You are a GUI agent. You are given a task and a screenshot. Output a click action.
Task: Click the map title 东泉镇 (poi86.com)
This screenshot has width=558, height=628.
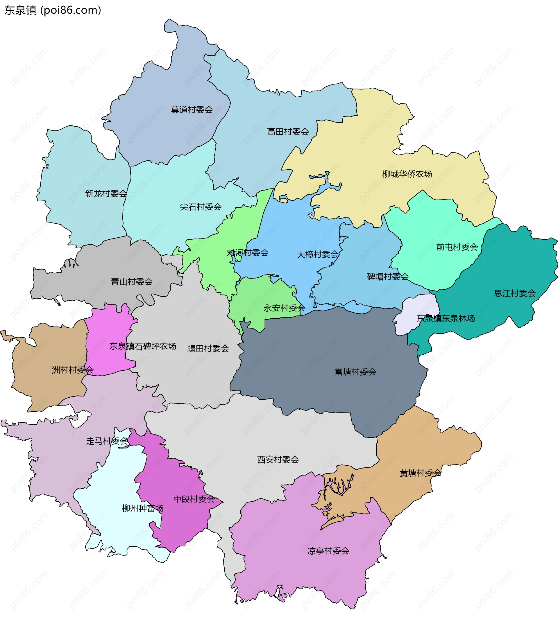click(x=53, y=10)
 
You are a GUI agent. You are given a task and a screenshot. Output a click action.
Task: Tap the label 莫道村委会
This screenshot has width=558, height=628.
click(x=192, y=110)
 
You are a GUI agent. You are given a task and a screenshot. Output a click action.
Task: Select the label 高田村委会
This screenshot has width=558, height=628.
click(x=288, y=132)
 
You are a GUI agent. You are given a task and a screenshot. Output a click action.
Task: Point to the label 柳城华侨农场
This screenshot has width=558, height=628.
click(x=407, y=174)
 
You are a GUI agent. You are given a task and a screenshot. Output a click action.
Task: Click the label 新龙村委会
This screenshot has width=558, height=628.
click(x=106, y=193)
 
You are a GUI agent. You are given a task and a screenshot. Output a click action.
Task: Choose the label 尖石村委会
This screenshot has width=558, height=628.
click(x=201, y=207)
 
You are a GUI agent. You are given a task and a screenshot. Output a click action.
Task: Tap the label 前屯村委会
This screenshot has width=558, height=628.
click(x=457, y=247)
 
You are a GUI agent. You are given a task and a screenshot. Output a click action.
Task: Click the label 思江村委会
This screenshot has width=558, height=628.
click(x=515, y=293)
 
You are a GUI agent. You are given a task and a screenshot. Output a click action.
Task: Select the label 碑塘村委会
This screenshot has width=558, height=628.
click(x=388, y=277)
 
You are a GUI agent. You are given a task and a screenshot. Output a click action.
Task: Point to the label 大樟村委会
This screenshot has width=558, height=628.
click(x=318, y=254)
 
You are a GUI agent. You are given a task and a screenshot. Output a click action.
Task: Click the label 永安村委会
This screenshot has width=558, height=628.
click(x=284, y=308)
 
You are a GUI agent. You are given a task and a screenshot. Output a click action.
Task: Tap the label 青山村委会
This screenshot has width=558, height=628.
click(x=132, y=281)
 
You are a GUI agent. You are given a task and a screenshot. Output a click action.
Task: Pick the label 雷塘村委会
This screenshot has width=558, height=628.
click(x=355, y=372)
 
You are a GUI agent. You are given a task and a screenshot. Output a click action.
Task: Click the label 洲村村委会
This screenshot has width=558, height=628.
click(x=73, y=370)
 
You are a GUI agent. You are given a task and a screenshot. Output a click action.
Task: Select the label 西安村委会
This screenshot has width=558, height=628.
click(x=278, y=460)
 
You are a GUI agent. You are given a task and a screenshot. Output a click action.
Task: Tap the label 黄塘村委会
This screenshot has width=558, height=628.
click(x=420, y=473)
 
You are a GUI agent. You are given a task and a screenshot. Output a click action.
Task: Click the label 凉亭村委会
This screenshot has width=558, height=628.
click(x=328, y=551)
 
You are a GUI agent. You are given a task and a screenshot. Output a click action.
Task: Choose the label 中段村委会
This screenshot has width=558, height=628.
click(x=194, y=499)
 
